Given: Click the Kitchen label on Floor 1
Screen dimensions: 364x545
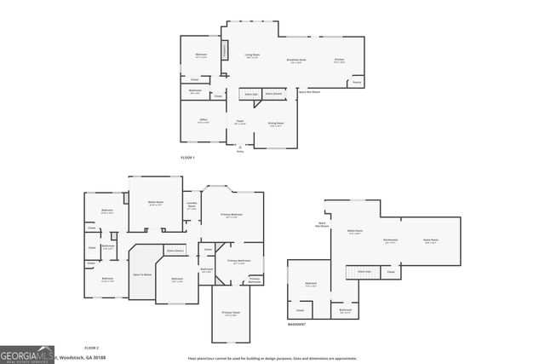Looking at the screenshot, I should (339, 61).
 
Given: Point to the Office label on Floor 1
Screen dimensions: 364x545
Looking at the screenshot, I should (204, 120).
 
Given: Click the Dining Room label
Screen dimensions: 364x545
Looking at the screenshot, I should (276, 123).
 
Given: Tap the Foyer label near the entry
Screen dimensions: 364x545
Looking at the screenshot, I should (241, 123).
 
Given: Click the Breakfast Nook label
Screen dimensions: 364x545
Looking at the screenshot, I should (297, 61).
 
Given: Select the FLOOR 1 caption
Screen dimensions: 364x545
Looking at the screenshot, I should (188, 159).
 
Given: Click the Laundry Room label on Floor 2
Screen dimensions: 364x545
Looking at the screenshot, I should (192, 205).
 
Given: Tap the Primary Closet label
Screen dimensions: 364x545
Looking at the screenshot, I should (230, 314).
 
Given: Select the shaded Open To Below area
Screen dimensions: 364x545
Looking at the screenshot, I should (142, 274).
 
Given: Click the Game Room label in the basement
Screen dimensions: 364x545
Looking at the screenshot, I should (431, 240).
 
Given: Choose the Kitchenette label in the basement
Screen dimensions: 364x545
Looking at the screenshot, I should (392, 240).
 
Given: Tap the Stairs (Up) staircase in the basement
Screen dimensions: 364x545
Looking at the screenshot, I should (361, 272).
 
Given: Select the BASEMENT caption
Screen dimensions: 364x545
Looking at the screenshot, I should (296, 325).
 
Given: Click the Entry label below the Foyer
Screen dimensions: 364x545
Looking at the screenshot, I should (240, 151).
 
